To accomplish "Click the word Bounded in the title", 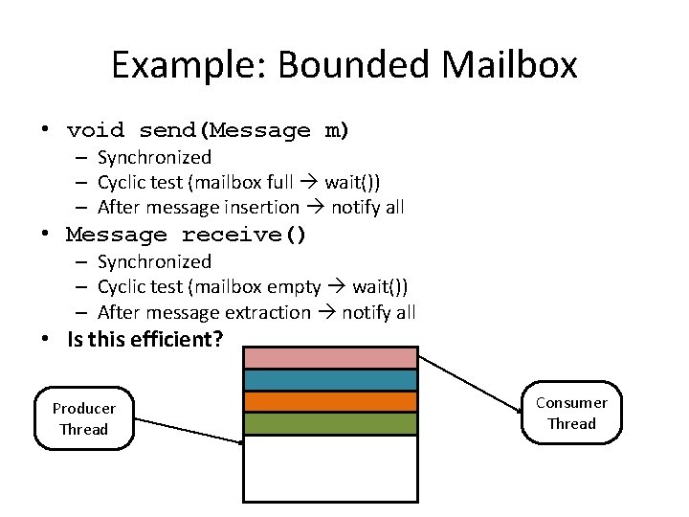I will (x=325, y=65).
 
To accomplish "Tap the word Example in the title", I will (x=176, y=65).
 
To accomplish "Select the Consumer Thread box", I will (x=571, y=414).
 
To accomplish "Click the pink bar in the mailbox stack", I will (x=330, y=358).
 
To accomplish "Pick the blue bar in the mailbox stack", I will (x=330, y=379).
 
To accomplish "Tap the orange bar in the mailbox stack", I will (x=330, y=401).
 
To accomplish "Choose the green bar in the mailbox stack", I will (x=330, y=423).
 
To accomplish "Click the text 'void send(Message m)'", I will (x=208, y=130).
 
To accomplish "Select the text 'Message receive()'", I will (x=186, y=235).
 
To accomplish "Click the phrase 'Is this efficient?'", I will (x=144, y=338).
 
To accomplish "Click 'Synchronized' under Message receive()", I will (x=154, y=261).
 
